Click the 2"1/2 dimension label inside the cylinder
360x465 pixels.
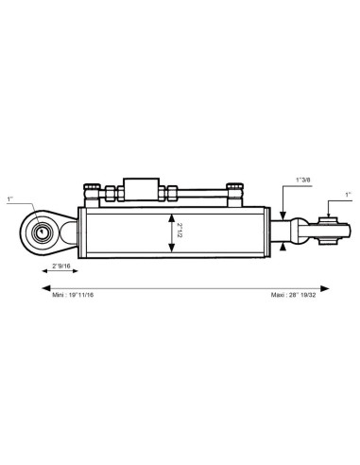click(180, 231)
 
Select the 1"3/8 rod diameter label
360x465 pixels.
click(303, 180)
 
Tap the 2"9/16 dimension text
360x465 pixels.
click(61, 266)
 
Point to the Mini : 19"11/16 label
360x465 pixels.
click(73, 295)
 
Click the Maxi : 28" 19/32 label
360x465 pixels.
click(293, 295)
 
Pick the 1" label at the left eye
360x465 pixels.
click(10, 199)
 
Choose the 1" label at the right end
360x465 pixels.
click(348, 195)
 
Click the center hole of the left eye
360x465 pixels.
click(41, 232)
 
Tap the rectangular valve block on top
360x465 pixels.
click(141, 189)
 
